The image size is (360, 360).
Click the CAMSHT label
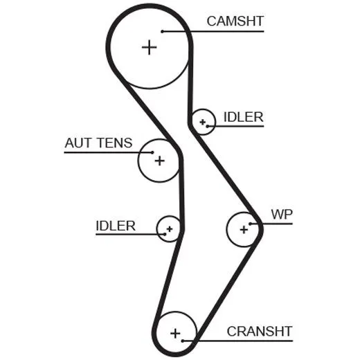pos(235,21)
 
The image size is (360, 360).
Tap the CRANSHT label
pos(260,332)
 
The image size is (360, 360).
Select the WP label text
pos(282,215)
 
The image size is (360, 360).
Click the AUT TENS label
pos(98,143)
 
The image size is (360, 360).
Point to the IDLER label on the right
pos(244,117)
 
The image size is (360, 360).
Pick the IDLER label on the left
pos(116,226)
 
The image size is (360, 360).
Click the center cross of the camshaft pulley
pos(150,48)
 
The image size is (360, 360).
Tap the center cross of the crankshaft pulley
pos(175,333)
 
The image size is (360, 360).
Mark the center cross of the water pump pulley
pos(244,230)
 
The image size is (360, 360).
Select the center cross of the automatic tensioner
pos(160,161)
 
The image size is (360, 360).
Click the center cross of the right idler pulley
pos(203,122)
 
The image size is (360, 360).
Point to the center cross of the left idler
pos(170,229)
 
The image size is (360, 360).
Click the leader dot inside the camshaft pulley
pos(162,31)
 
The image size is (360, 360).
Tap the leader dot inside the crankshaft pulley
pos(183,341)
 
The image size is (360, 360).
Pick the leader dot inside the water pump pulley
pos(250,224)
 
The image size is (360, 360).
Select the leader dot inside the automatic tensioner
pos(152,152)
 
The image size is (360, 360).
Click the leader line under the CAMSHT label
pos(213,31)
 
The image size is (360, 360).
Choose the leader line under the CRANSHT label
pos(237,341)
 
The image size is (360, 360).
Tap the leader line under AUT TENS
pos(108,152)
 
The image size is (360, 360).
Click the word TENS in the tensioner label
pos(115,143)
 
